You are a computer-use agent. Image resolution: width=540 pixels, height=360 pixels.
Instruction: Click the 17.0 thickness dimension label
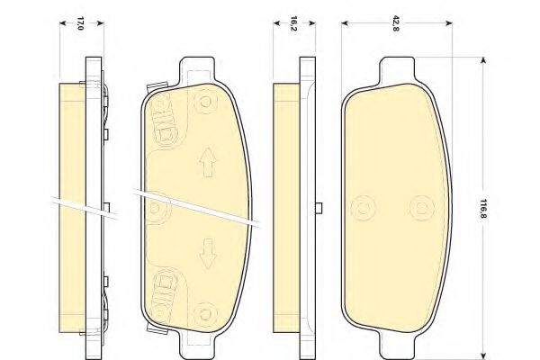(x=80, y=23)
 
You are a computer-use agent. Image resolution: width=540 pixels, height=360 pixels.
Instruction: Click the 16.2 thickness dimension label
(x=294, y=23)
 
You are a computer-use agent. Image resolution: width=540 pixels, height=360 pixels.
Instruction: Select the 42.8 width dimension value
(x=395, y=23)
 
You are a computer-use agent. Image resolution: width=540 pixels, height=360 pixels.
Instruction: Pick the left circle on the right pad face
(x=364, y=206)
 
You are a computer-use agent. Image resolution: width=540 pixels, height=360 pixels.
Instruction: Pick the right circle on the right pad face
(x=418, y=206)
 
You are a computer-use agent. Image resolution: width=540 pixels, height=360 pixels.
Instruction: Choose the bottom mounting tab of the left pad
(x=199, y=345)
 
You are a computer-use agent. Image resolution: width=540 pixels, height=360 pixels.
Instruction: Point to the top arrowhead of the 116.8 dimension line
(x=483, y=60)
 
